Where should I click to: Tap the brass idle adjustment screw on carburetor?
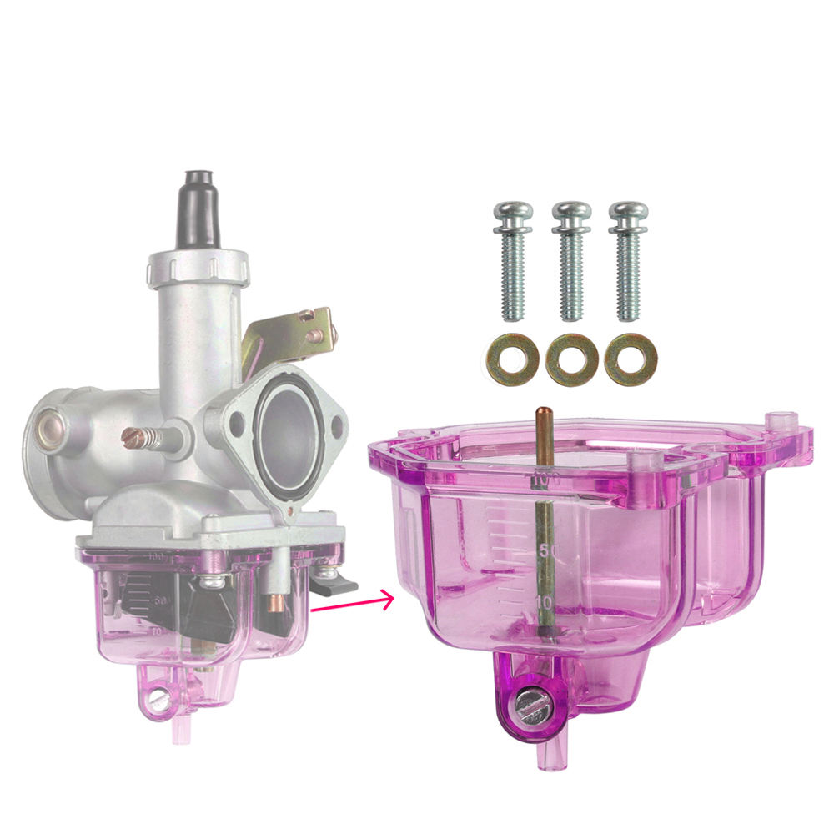147,437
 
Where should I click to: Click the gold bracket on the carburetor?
288,338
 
